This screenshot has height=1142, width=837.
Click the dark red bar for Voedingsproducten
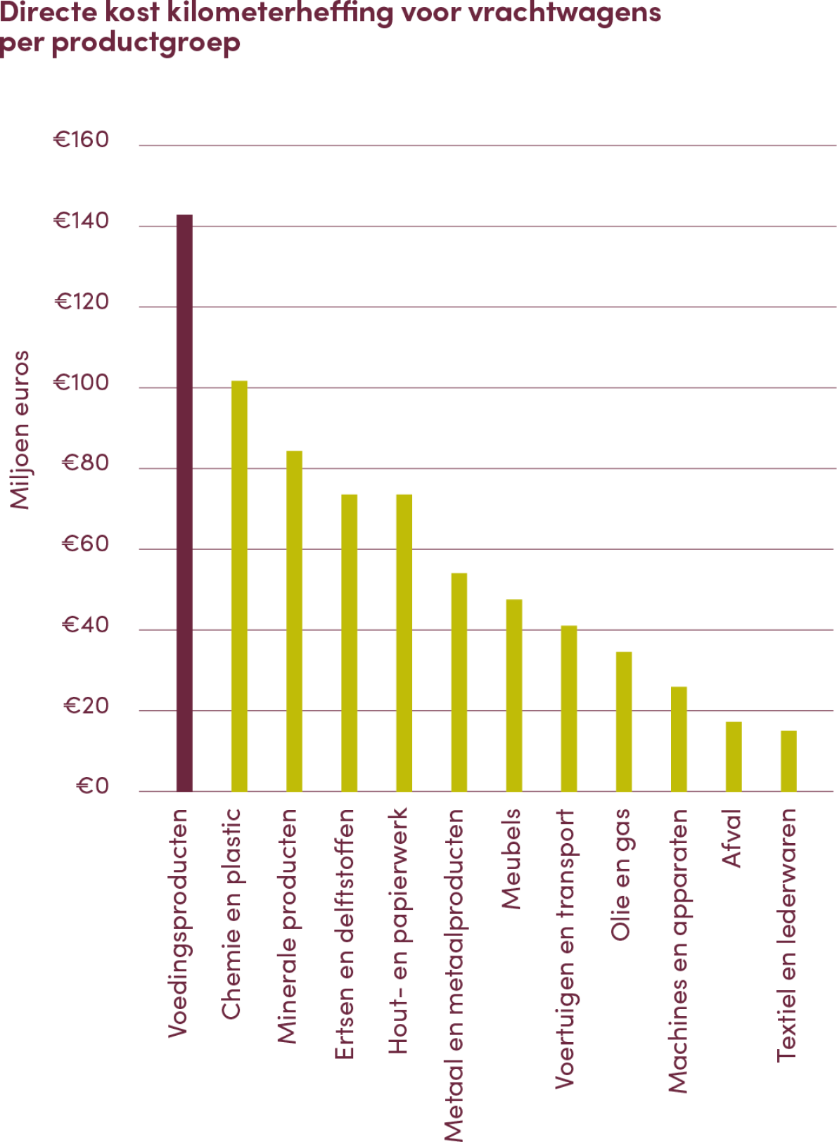pyautogui.click(x=184, y=503)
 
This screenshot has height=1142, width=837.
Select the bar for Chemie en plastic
pyautogui.click(x=239, y=586)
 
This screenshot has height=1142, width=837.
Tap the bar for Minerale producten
pyautogui.click(x=294, y=620)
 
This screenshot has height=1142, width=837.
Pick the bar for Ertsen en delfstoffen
pyautogui.click(x=349, y=642)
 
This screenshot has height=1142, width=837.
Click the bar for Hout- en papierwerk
pyautogui.click(x=404, y=642)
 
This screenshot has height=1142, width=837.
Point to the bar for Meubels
pyautogui.click(x=514, y=695)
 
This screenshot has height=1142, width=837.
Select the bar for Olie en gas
pyautogui.click(x=624, y=721)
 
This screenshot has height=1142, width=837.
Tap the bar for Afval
pyautogui.click(x=734, y=756)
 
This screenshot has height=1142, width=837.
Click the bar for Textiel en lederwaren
pyautogui.click(x=788, y=761)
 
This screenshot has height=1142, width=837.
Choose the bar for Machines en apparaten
pyautogui.click(x=679, y=738)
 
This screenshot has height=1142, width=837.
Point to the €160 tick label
pyautogui.click(x=82, y=140)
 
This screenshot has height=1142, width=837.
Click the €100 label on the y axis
pyautogui.click(x=82, y=383)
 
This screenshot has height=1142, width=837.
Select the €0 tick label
pyautogui.click(x=92, y=786)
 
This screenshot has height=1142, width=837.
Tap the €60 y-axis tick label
pyautogui.click(x=86, y=544)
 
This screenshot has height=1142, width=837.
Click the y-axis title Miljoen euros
pyautogui.click(x=20, y=430)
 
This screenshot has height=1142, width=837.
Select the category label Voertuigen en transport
pyautogui.click(x=565, y=949)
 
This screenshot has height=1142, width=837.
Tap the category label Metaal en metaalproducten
pyautogui.click(x=454, y=975)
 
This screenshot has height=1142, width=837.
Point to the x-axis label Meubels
pyautogui.click(x=511, y=859)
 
